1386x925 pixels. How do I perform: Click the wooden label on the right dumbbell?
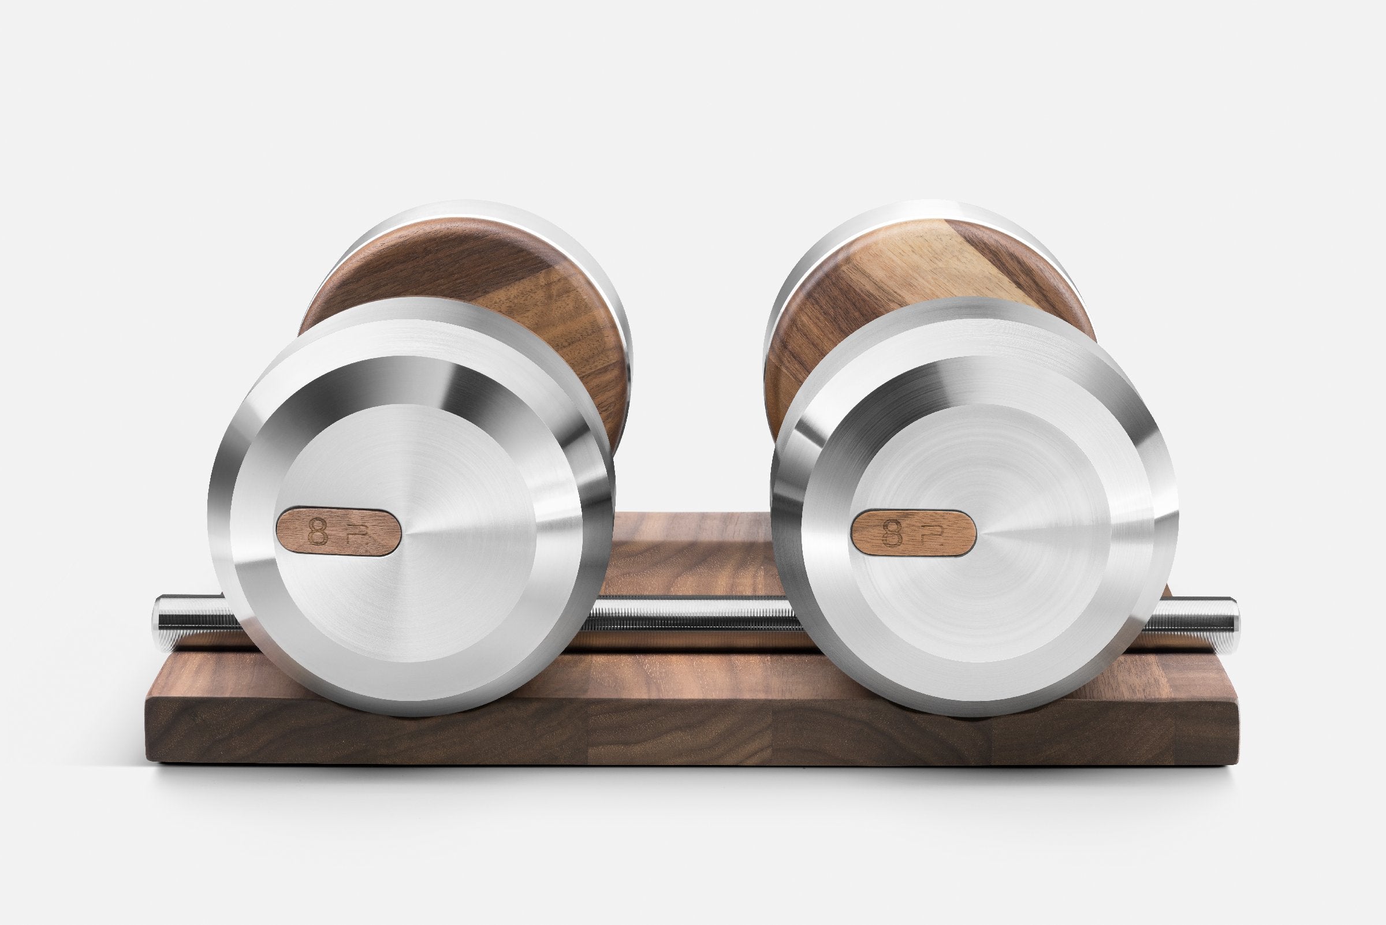coord(912,533)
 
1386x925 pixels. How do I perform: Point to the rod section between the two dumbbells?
coord(690,621)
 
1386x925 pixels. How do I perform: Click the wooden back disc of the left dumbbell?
coord(472,277)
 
